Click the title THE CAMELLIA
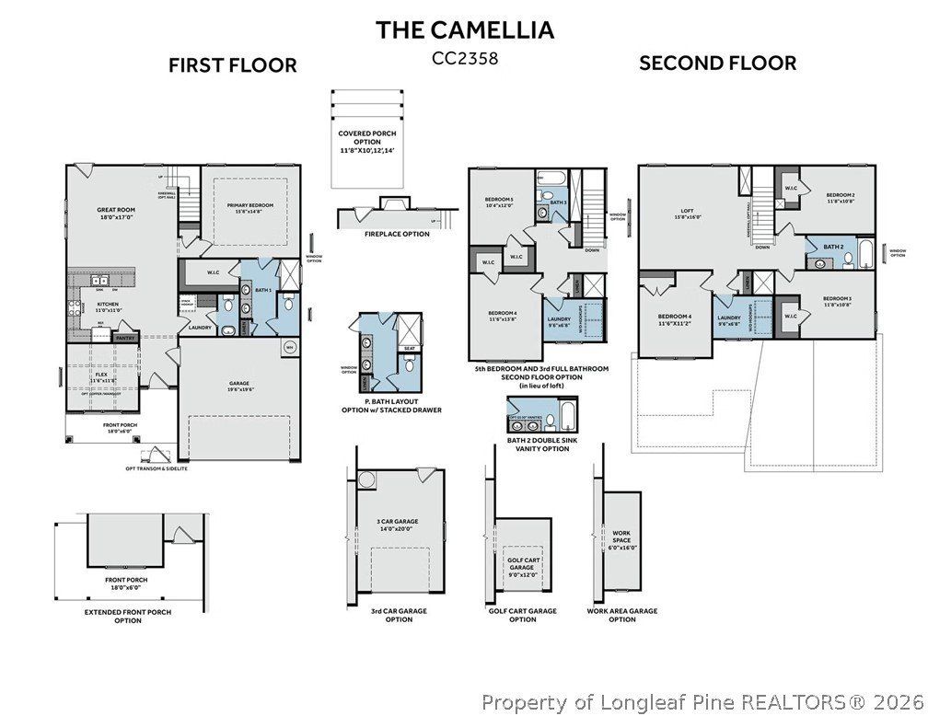coord(464,29)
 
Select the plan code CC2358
coord(464,58)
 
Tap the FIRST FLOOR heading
coord(232,65)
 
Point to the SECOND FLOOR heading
coord(717,64)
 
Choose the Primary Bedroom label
coord(244,208)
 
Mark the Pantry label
coord(125,338)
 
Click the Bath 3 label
coord(559,202)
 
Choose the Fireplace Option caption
coord(397,234)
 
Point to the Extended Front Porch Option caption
coord(128,616)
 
